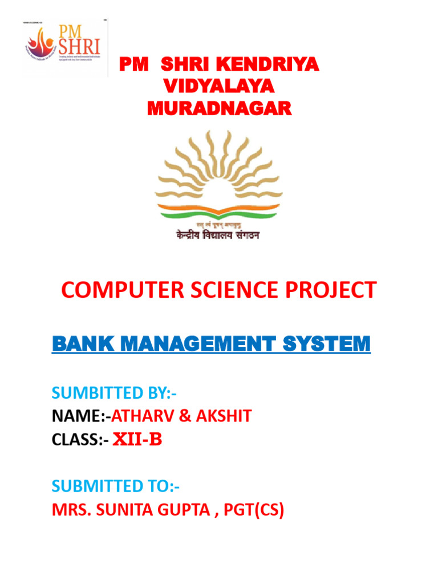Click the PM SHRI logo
click(64, 47)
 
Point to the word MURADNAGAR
click(219, 107)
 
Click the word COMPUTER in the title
click(121, 290)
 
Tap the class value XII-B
click(137, 440)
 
